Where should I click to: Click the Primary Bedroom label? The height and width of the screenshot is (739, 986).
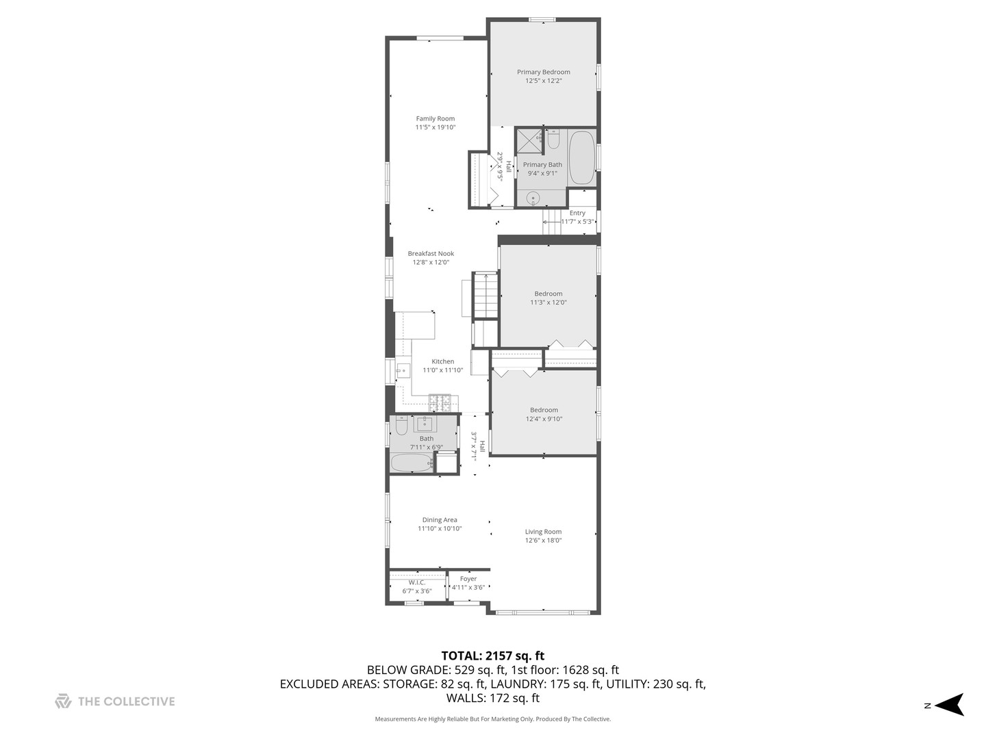pos(543,72)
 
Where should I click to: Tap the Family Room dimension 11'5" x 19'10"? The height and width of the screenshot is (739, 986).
pos(435,127)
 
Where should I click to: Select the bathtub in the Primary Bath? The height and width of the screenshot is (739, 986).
pos(581,158)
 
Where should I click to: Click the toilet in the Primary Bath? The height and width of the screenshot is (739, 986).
pos(553,140)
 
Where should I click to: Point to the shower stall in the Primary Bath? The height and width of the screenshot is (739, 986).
pos(528,141)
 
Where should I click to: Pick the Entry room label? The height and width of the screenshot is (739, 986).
pos(577,213)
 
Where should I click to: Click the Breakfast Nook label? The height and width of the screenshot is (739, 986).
pos(431,253)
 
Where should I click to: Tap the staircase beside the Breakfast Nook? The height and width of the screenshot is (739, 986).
pos(485,295)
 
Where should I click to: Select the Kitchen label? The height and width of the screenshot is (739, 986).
pos(442,361)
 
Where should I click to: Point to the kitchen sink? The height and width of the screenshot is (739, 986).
pos(403,371)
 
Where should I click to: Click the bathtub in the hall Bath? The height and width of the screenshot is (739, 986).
pos(412,463)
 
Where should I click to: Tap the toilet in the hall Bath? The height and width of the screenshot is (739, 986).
pos(401,426)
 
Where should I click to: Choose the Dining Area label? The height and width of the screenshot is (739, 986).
pos(440,519)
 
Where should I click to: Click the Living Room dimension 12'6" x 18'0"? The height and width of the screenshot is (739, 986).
pos(543,541)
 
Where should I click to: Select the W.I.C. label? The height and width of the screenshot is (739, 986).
pos(417,582)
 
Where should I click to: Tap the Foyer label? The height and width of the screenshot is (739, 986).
pos(468,579)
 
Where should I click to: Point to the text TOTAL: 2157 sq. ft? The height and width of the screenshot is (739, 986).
pos(492,656)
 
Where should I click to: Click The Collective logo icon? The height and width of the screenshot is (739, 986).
pos(63,701)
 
